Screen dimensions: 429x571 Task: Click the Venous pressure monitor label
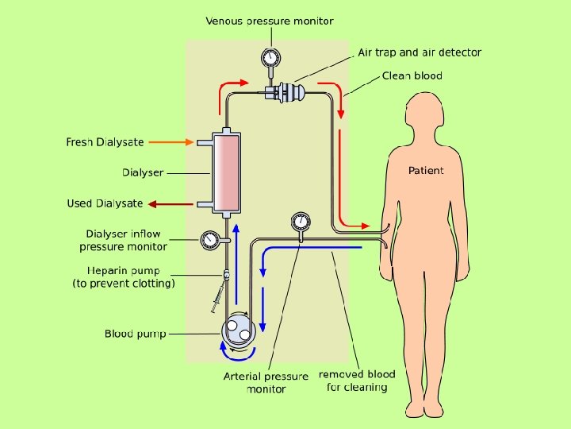point(270,21)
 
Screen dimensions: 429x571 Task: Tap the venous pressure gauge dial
point(270,57)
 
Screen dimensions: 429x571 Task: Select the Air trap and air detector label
point(420,52)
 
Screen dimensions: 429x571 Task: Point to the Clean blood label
point(412,76)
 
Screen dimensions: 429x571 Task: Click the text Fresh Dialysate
point(105,142)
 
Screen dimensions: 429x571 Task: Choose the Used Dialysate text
point(105,204)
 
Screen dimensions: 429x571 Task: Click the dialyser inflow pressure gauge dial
point(210,239)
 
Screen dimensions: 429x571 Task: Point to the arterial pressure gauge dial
point(300,220)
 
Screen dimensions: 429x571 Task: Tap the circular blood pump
point(238,328)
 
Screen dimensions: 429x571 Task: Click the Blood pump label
point(136,334)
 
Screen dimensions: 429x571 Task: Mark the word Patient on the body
point(426,171)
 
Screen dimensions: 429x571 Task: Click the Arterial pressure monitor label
point(266,382)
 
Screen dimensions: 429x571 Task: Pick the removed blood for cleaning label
point(357,381)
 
